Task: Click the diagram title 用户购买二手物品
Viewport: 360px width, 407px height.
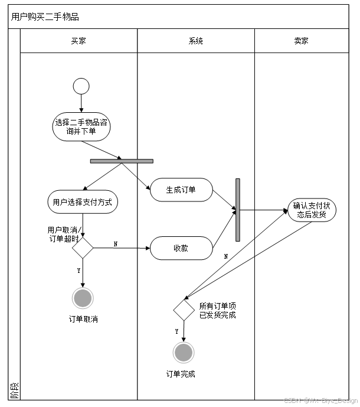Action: pos(45,17)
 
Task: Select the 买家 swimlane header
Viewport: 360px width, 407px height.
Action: pos(78,41)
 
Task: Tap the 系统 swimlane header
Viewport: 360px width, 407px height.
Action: pos(196,41)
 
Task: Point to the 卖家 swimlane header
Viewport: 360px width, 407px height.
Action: pos(301,41)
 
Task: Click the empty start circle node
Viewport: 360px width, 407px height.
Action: pos(81,86)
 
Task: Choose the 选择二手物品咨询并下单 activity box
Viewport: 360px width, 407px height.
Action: pos(81,128)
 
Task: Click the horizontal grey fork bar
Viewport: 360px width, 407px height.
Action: pos(122,161)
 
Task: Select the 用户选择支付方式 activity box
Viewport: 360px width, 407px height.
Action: pos(82,202)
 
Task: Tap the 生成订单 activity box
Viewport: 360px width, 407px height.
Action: pos(181,190)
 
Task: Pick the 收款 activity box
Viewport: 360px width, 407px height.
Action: pos(181,248)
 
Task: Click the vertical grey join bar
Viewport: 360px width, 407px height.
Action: pos(238,210)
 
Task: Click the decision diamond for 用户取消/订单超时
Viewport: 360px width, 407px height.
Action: pos(83,248)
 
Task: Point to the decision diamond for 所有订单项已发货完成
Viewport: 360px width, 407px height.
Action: pos(184,310)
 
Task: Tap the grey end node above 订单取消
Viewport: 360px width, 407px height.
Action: pos(83,298)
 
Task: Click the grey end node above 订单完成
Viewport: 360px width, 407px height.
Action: pos(184,353)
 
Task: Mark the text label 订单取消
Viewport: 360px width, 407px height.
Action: pos(83,320)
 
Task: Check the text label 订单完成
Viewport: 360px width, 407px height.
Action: pos(181,374)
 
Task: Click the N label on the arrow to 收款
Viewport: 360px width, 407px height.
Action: pos(115,243)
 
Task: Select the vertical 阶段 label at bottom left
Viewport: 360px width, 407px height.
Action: pos(14,389)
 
